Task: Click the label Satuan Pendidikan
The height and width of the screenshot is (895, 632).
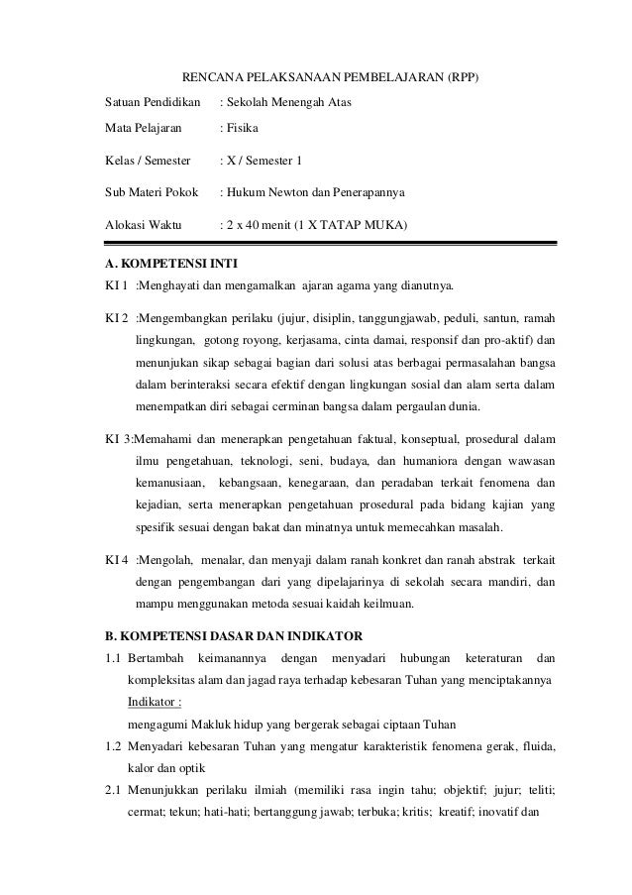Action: pos(154,103)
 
